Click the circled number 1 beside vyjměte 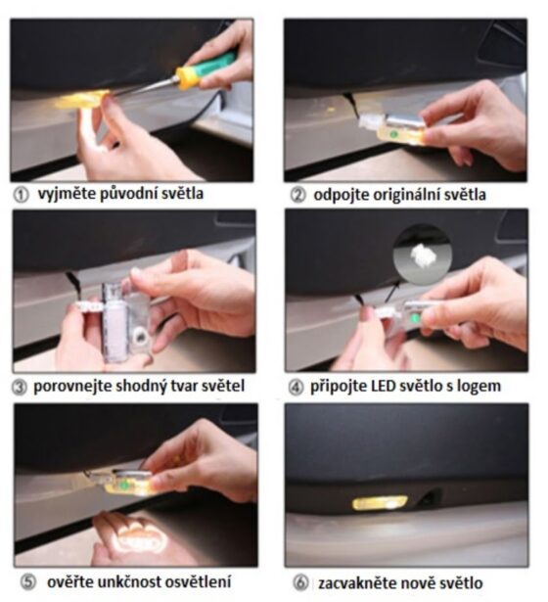pyautogui.click(x=22, y=195)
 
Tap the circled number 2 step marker pyautogui.click(x=297, y=195)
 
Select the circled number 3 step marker pyautogui.click(x=20, y=388)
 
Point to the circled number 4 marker pyautogui.click(x=296, y=388)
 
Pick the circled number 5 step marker pyautogui.click(x=28, y=582)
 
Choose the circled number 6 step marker pyautogui.click(x=300, y=582)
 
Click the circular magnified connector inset pyautogui.click(x=423, y=255)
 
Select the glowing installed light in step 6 pyautogui.click(x=380, y=502)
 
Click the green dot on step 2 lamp pyautogui.click(x=392, y=134)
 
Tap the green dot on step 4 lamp pyautogui.click(x=414, y=318)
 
